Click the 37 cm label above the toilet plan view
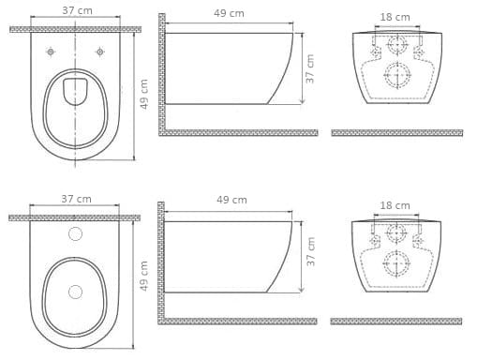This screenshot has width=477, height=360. tap(77, 10)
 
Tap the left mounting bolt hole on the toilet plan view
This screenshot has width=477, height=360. tap(51, 52)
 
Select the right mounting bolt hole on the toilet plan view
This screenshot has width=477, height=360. tap(100, 52)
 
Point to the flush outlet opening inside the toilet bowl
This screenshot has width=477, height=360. tap(75, 91)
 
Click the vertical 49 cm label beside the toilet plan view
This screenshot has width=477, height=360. tap(143, 94)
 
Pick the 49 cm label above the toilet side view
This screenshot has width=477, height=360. tap(229, 13)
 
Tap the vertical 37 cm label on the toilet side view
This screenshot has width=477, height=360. tap(309, 68)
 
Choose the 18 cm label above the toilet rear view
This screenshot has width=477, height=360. tap(395, 17)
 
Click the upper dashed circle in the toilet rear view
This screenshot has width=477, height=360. tap(397, 45)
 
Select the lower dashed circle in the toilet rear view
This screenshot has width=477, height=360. tap(397, 75)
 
